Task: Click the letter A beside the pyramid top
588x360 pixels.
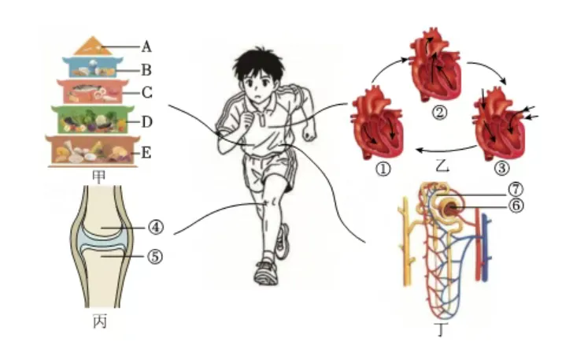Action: [x=146, y=47]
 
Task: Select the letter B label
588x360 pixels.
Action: [x=146, y=70]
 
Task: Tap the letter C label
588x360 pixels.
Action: [x=147, y=92]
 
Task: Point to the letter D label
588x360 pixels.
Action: [x=146, y=121]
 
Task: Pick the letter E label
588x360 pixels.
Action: [x=146, y=153]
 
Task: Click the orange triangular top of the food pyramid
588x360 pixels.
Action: [x=93, y=47]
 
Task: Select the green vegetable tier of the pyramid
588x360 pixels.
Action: [x=92, y=120]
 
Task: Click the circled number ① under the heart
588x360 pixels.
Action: [x=383, y=169]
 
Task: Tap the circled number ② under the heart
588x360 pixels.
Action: [x=439, y=112]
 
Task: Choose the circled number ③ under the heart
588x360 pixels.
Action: [x=501, y=168]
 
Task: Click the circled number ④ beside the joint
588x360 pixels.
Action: [x=156, y=227]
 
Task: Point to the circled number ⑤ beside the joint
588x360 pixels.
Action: [x=155, y=257]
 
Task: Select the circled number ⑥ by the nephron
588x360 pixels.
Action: [x=516, y=206]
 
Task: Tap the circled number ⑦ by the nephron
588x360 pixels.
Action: [x=516, y=190]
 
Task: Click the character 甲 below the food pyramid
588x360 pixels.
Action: [x=98, y=176]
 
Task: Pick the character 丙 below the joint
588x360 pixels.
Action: [x=100, y=321]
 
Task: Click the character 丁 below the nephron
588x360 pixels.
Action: [x=442, y=330]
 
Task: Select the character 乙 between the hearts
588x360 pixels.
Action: [x=443, y=165]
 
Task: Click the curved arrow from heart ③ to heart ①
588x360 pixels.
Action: [x=446, y=151]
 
